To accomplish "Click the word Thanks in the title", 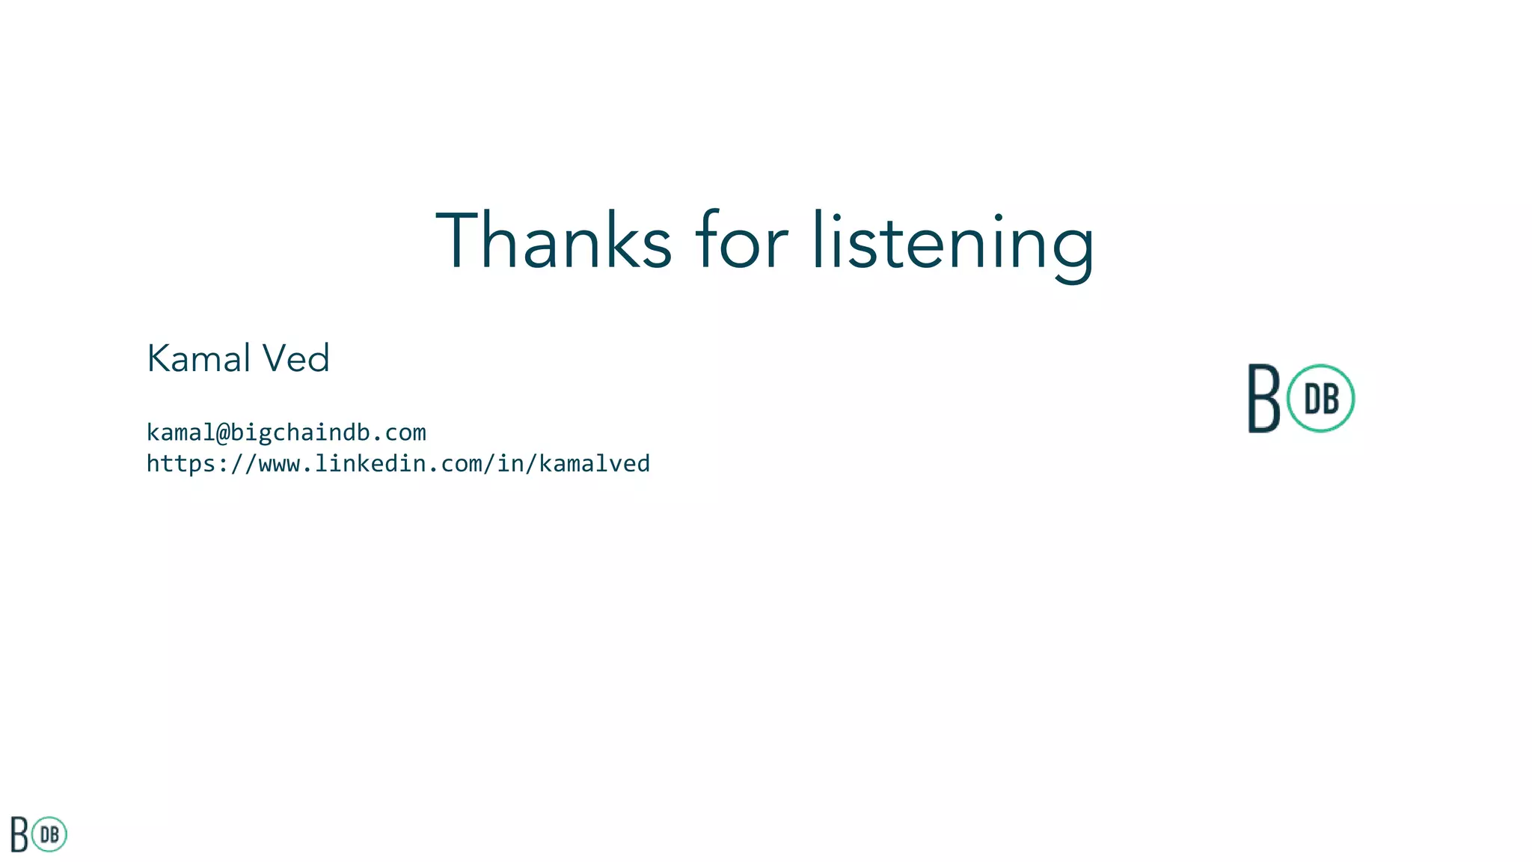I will point(554,241).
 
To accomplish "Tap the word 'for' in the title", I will point(741,241).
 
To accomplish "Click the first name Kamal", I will point(198,358).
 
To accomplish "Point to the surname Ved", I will point(295,358).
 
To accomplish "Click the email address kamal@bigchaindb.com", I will point(286,432).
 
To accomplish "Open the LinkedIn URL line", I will point(398,464).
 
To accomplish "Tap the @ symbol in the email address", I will point(222,432).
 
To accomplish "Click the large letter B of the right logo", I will point(1264,399).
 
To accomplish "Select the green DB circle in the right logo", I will point(1321,399).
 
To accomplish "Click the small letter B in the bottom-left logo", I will point(19,835).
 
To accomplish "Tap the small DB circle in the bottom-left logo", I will point(50,834).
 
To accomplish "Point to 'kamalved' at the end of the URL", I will point(595,464).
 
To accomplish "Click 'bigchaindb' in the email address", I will point(300,432).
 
